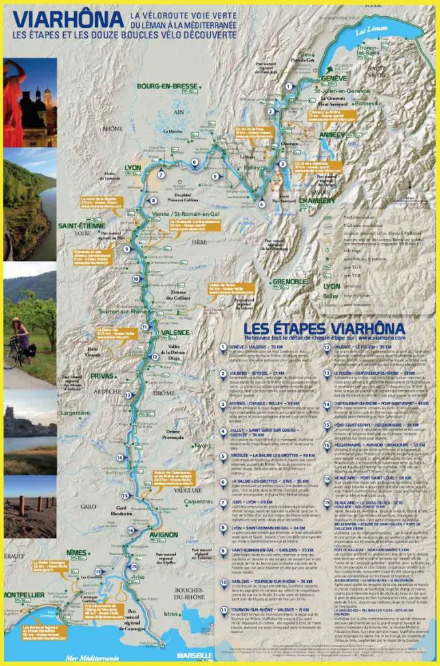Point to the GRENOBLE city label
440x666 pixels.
290,282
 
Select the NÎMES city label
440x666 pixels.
76,552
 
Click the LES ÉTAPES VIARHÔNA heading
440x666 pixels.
323,327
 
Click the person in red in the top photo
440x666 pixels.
13,98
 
